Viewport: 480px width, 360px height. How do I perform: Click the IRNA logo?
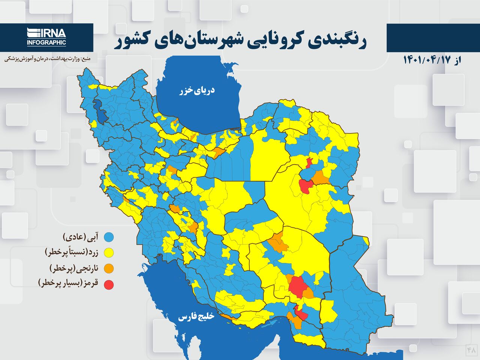46,33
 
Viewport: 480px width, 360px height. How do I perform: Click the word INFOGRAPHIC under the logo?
46,42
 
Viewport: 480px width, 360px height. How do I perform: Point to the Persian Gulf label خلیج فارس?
196,317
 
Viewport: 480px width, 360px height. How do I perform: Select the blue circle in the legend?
109,237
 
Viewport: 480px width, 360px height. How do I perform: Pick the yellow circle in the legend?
109,253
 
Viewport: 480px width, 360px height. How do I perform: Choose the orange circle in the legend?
109,268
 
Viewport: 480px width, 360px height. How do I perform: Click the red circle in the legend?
109,285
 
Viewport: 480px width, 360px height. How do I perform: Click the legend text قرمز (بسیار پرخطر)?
68,283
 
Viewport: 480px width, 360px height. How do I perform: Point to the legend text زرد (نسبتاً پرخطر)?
71,252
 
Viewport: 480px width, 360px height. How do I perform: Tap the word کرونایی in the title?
277,41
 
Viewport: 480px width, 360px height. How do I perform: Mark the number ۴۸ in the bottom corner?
471,350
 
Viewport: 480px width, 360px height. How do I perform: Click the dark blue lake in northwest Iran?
101,111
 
